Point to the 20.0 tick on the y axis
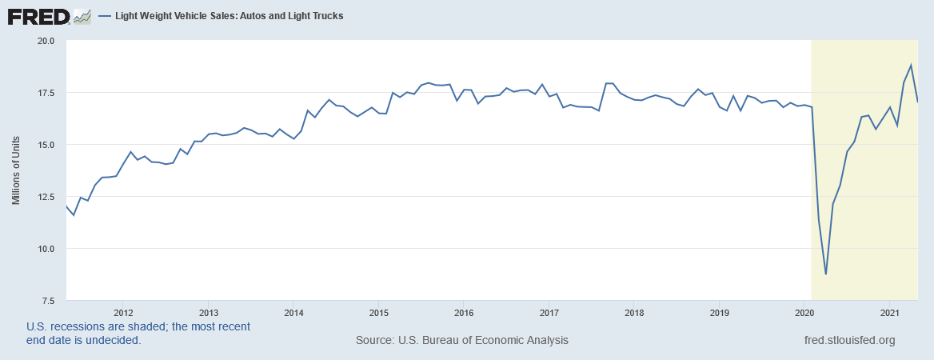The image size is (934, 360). coord(45,41)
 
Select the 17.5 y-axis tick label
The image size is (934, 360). coord(45,93)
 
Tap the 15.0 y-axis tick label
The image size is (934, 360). coord(45,145)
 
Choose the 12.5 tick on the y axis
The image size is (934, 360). coord(45,197)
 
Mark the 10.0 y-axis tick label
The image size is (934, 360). coord(45,249)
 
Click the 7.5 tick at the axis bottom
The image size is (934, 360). coord(47,301)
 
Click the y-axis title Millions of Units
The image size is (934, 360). coord(17,170)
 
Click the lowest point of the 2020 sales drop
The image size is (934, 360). coord(826,274)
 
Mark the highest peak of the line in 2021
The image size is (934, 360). coord(911,65)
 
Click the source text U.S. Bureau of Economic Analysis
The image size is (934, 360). coord(462,340)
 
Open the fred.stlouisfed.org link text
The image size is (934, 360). coord(849,340)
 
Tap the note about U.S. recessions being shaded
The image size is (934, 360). coord(138,333)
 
